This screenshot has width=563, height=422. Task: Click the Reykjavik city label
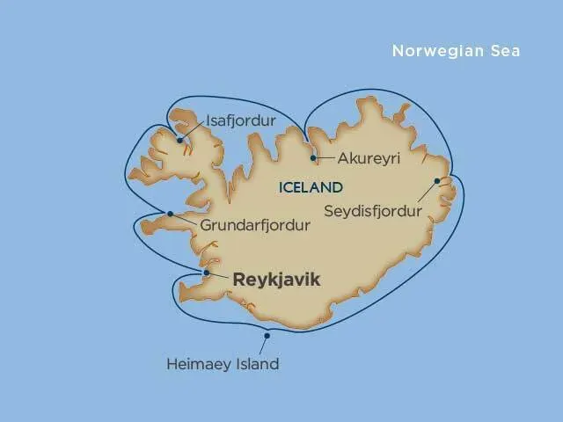[x=276, y=280]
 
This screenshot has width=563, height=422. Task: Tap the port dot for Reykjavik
[x=206, y=273]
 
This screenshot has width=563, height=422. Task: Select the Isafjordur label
[x=239, y=120]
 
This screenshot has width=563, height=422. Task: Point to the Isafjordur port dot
[x=179, y=140]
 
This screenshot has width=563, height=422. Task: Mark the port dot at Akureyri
[x=314, y=158]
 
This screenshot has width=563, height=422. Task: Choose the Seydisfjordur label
[x=372, y=211]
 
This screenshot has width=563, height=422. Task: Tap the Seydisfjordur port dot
[x=436, y=181]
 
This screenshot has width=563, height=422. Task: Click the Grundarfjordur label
[x=256, y=225]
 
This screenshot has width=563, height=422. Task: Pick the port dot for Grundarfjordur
[x=170, y=213]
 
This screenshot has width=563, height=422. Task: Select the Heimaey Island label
[x=223, y=363]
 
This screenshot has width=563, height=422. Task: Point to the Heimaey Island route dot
[x=267, y=335]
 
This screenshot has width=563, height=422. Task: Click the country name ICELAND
[x=310, y=187]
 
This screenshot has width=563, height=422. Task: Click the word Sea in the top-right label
[x=507, y=51]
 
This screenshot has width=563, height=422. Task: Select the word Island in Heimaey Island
[x=255, y=363]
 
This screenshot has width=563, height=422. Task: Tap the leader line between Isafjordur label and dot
[x=194, y=128]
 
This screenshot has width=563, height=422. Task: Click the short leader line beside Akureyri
[x=325, y=160]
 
